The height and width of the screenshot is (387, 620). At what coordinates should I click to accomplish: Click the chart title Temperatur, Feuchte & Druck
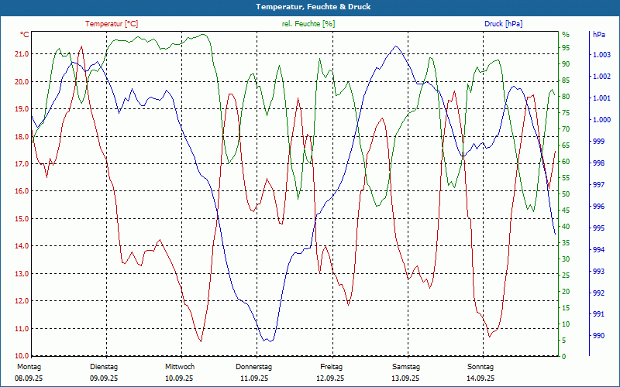click(310, 7)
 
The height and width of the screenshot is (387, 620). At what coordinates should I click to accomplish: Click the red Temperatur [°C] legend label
click(112, 24)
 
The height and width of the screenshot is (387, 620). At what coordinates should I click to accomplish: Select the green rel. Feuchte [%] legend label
click(308, 24)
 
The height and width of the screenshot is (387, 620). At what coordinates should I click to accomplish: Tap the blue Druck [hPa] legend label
click(503, 24)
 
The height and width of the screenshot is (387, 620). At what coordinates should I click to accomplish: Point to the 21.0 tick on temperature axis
click(21, 54)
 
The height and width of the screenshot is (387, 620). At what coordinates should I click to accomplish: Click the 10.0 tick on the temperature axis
click(21, 356)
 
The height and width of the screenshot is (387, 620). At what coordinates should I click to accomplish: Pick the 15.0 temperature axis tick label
click(21, 219)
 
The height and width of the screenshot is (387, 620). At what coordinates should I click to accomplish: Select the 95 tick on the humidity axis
click(566, 48)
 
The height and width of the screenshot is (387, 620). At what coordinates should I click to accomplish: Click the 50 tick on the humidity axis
click(566, 194)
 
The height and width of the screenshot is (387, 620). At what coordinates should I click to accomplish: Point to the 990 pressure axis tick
click(598, 336)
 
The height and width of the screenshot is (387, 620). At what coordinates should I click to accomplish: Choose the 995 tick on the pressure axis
click(598, 228)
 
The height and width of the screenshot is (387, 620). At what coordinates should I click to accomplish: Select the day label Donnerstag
click(254, 367)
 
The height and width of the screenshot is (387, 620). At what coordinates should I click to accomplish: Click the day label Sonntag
click(480, 367)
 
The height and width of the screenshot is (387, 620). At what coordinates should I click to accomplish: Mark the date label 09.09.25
click(104, 378)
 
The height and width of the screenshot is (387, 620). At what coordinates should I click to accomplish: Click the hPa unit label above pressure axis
click(599, 35)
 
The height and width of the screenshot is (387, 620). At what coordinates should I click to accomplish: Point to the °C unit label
click(25, 35)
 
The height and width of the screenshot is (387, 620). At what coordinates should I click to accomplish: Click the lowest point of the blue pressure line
click(267, 341)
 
